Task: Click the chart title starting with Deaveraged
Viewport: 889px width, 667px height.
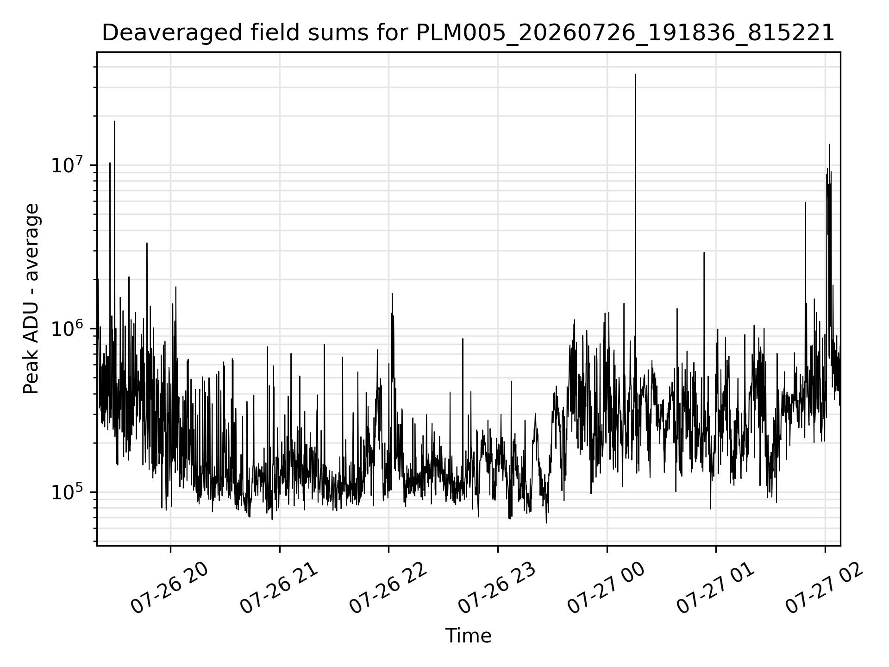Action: click(468, 33)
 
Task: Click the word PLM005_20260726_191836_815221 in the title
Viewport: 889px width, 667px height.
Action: click(625, 33)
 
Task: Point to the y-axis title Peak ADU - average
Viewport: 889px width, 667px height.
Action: click(31, 299)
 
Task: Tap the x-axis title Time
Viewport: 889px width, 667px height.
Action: click(468, 636)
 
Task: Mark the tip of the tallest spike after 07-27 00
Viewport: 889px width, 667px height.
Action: click(635, 75)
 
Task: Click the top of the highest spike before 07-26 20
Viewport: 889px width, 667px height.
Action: click(114, 121)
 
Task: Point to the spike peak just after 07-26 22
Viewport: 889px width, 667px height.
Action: click(392, 294)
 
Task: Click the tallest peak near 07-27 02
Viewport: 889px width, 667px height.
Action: click(829, 145)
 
